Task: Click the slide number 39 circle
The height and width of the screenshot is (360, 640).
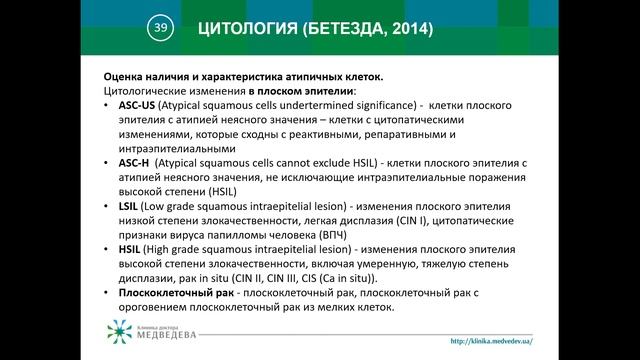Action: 158,29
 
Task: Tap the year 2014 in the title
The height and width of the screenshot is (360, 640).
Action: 404,30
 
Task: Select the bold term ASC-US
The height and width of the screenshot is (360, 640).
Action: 136,105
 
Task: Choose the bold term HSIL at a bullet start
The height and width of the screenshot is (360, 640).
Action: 131,249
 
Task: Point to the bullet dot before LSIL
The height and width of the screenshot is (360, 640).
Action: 108,206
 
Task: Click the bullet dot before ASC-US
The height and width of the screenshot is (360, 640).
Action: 108,105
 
